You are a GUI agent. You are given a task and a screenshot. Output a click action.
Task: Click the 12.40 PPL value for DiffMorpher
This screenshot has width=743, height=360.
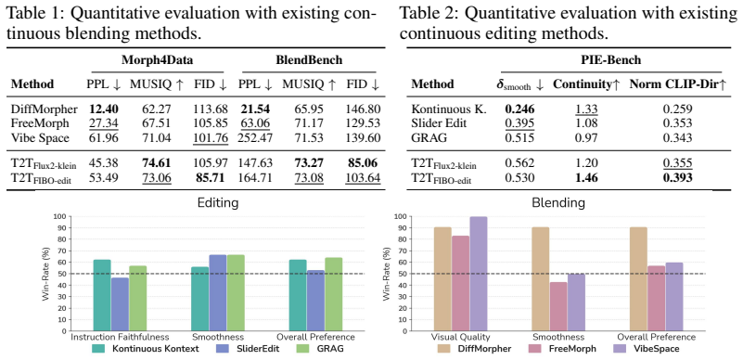click(x=104, y=109)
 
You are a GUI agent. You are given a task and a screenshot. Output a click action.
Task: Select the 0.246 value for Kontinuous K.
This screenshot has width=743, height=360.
click(x=519, y=109)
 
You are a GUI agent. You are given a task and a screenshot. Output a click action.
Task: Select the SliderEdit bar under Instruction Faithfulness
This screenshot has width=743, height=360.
click(x=120, y=304)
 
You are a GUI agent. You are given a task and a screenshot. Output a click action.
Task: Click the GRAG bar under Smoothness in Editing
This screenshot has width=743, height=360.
click(x=236, y=293)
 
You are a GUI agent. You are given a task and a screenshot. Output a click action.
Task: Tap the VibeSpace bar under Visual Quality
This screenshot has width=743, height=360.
click(x=478, y=274)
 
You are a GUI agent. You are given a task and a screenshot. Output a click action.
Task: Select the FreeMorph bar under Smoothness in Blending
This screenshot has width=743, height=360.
click(x=557, y=306)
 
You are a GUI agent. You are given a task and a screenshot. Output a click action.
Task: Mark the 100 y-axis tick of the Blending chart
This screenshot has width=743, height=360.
click(x=401, y=217)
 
